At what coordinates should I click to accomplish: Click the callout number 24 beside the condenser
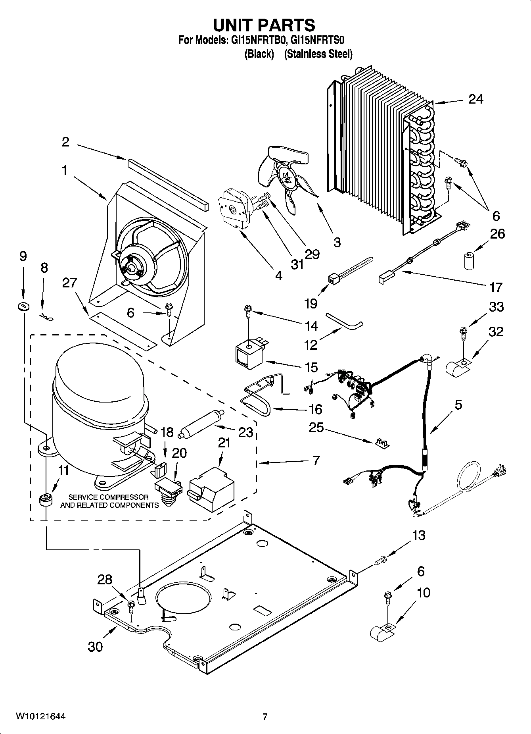(475, 99)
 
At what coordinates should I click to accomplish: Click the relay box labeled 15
(248, 354)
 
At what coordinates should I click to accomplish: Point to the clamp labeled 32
(457, 367)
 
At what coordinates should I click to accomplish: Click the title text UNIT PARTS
(264, 25)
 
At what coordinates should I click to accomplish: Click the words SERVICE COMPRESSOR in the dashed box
(109, 497)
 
